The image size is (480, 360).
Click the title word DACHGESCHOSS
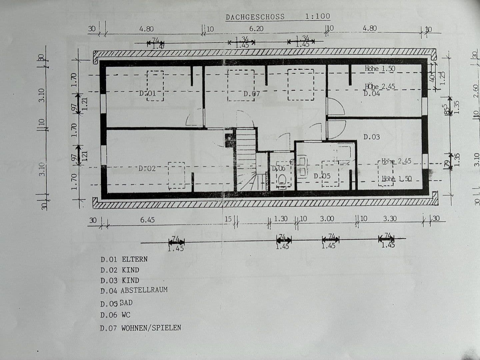(x=255, y=17)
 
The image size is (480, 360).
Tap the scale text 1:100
(x=317, y=16)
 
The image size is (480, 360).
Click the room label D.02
(x=147, y=169)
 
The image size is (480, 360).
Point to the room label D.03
(x=371, y=137)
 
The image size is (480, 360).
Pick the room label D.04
(x=371, y=94)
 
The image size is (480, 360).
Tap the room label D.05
(x=322, y=176)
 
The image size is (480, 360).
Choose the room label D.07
(x=251, y=94)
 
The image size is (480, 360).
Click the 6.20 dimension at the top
(x=256, y=29)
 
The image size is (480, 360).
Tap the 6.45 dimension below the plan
(x=147, y=220)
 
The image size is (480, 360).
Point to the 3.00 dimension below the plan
(x=327, y=219)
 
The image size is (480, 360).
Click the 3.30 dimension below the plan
(x=390, y=219)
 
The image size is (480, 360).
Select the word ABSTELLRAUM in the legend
(x=144, y=290)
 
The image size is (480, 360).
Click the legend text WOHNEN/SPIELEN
(x=151, y=328)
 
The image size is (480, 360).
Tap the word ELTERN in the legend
(x=135, y=259)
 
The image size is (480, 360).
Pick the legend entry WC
(x=126, y=315)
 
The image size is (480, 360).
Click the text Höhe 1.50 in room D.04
(x=380, y=69)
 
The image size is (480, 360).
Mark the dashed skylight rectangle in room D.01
(x=155, y=86)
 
